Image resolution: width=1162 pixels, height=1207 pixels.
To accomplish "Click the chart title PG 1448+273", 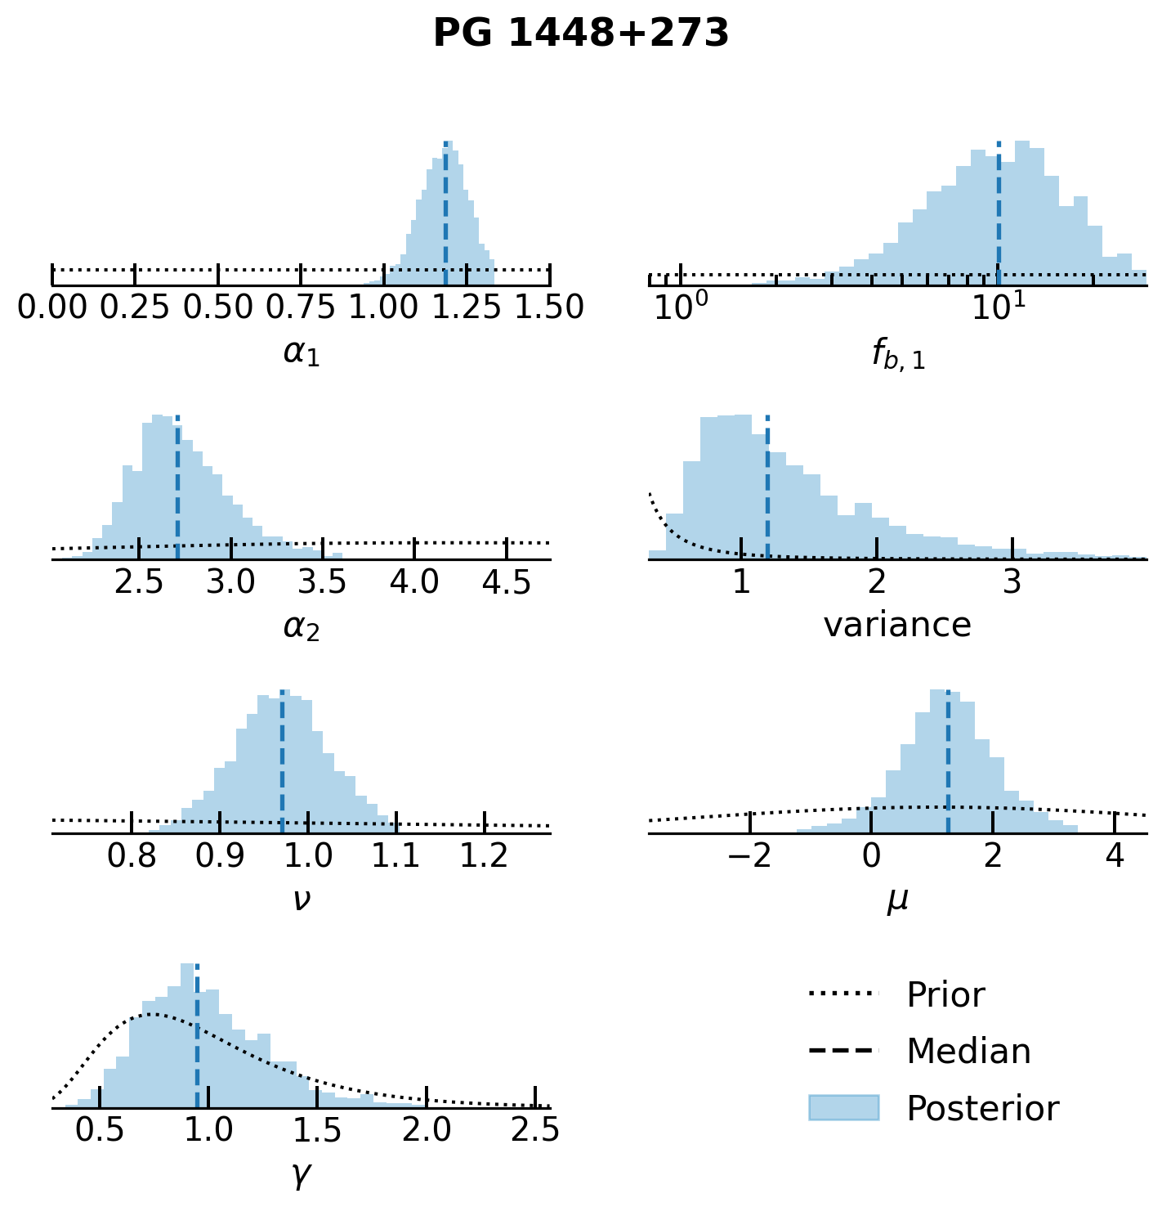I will coord(580,34).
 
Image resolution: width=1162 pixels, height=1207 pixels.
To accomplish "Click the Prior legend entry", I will coord(945,995).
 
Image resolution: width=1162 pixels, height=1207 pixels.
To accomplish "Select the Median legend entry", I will coord(968,1052).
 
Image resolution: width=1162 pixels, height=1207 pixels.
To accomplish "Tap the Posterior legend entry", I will coord(981,1109).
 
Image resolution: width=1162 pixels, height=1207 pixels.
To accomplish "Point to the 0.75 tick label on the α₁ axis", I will coord(302,308).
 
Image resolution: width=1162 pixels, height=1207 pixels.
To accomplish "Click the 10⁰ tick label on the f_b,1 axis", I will coord(679,307).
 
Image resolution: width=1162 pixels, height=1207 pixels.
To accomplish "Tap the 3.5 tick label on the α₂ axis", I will coord(323,582).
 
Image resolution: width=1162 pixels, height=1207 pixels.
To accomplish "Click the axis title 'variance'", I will coord(897,626).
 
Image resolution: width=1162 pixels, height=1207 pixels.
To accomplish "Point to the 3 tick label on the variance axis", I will coord(1012,582).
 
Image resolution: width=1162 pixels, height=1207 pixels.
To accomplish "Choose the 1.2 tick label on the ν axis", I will coord(485,856).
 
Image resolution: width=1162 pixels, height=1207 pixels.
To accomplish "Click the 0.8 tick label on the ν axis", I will coord(132,856).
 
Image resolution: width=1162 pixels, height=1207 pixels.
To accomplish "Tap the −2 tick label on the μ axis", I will coord(749,856).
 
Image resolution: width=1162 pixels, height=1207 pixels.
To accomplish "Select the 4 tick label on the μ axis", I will coord(1115,856).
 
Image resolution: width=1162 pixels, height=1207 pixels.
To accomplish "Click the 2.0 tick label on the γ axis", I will coord(427,1131).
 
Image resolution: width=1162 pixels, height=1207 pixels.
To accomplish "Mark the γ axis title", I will coord(301,1174).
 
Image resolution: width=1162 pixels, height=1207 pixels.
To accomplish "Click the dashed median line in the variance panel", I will coord(767,491).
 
